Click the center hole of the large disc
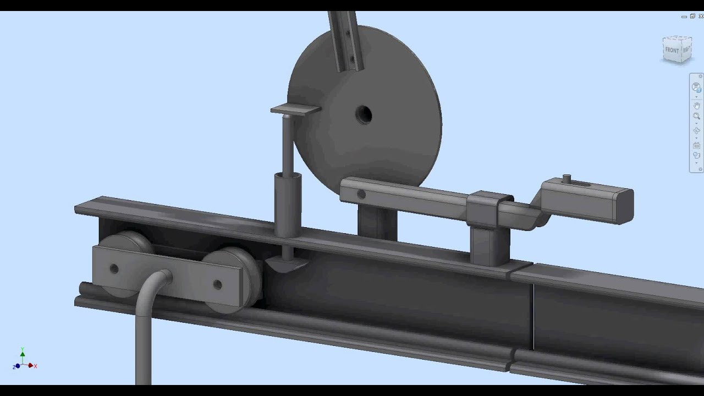click(x=364, y=116)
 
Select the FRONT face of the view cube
click(x=672, y=50)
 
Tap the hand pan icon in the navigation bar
click(x=696, y=105)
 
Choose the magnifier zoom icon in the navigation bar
click(x=696, y=117)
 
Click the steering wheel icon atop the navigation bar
click(x=696, y=88)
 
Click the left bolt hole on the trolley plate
click(x=114, y=269)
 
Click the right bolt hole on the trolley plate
click(x=217, y=284)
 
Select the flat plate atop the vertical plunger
click(x=295, y=110)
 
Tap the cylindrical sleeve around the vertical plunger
click(x=288, y=204)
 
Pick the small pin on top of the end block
click(x=567, y=179)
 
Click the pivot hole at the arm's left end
click(x=361, y=194)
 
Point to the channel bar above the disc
click(x=345, y=38)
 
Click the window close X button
click(x=700, y=16)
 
